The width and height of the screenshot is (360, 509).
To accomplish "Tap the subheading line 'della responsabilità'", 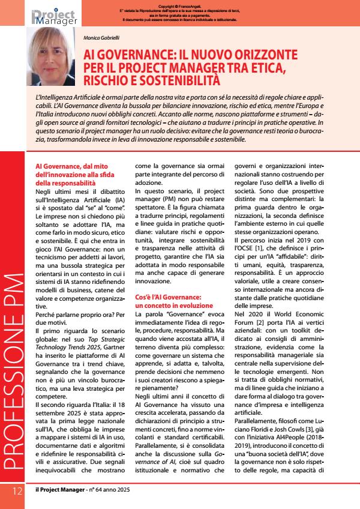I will pos(65,182).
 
